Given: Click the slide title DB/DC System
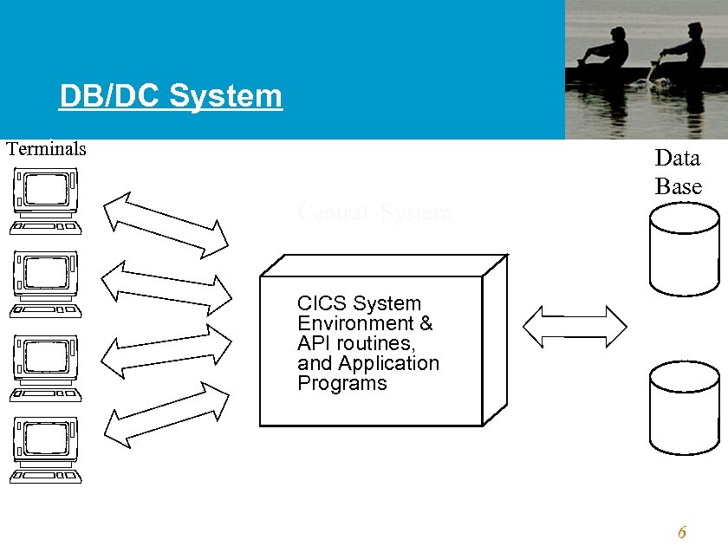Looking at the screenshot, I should [171, 96].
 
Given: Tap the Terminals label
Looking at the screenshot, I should [47, 148].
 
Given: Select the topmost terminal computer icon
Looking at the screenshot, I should [46, 202].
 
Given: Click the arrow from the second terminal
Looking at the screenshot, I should [166, 289].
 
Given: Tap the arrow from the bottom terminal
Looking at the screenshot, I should [166, 415].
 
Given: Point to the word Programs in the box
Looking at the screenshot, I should [341, 384].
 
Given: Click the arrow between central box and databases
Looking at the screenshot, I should [575, 326].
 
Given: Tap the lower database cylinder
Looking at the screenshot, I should [684, 407].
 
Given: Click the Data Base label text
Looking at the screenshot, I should [678, 172].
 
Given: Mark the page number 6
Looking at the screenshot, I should [682, 532].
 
